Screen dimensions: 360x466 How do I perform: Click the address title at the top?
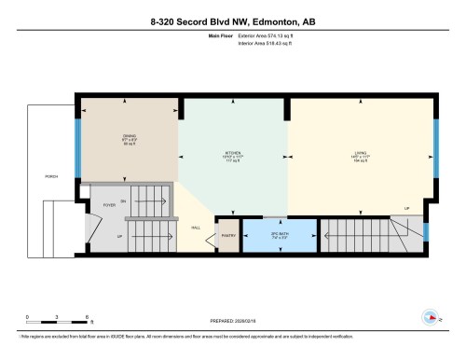233,16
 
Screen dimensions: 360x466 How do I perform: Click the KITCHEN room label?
233,153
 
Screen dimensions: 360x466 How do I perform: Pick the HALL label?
196,227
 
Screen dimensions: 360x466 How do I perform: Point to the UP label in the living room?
406,207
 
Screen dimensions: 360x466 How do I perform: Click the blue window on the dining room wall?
79,141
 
